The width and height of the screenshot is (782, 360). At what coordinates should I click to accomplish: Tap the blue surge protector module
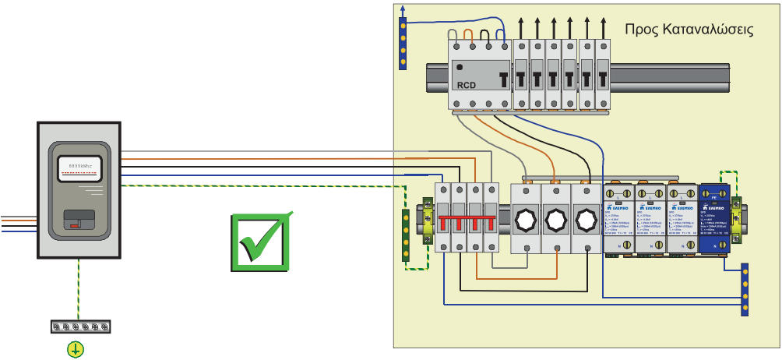point(714,218)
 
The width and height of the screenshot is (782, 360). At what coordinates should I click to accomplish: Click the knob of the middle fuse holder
point(556,219)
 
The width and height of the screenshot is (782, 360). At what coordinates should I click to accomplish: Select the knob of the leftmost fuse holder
point(525,219)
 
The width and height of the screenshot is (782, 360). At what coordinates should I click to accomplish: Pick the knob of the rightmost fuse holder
point(586,219)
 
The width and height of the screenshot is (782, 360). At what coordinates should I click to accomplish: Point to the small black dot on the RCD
point(460,67)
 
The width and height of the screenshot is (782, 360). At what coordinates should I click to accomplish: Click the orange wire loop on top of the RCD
point(468,34)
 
